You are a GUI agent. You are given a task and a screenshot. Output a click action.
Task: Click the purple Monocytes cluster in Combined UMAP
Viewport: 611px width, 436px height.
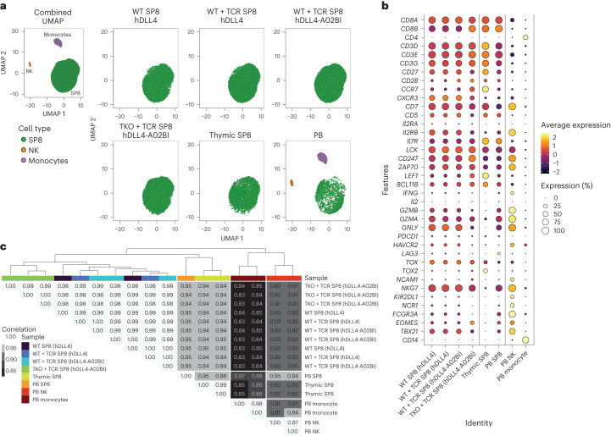pyautogui.click(x=58, y=41)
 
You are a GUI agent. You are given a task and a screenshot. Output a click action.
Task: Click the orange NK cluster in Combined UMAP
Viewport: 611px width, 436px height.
pyautogui.click(x=29, y=64)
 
